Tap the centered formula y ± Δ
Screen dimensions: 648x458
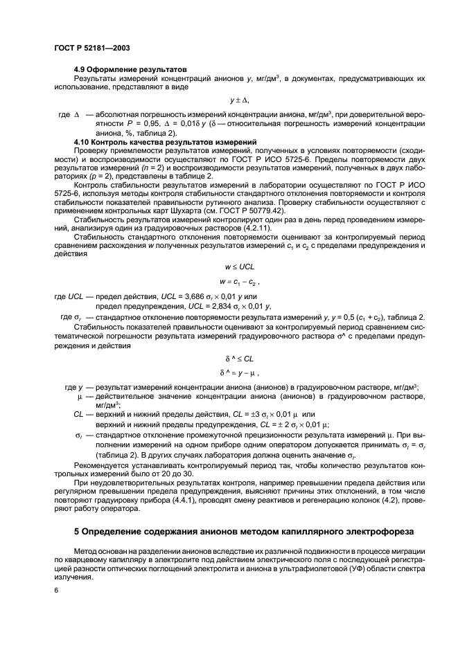(239, 101)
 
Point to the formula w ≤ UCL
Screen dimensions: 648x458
(239, 267)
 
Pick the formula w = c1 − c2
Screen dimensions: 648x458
(239, 282)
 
